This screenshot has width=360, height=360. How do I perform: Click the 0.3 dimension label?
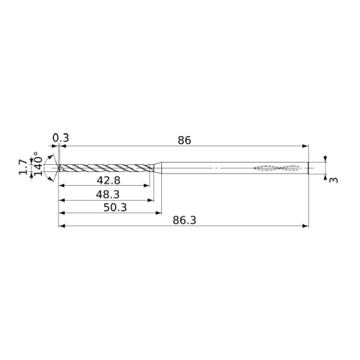[x=60, y=138]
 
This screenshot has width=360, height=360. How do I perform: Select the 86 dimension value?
[x=184, y=140]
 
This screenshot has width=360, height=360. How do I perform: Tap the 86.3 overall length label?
[x=184, y=220]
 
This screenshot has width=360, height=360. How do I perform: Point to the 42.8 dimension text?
[x=109, y=181]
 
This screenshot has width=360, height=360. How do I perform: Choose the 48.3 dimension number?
[x=108, y=194]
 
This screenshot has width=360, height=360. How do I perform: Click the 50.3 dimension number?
[x=115, y=207]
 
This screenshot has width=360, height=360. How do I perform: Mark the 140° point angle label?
[x=38, y=163]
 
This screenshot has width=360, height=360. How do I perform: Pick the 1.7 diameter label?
[x=23, y=167]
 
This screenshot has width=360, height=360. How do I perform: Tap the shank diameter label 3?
[x=333, y=180]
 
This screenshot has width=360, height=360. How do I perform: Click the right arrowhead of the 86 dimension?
[x=305, y=145]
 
